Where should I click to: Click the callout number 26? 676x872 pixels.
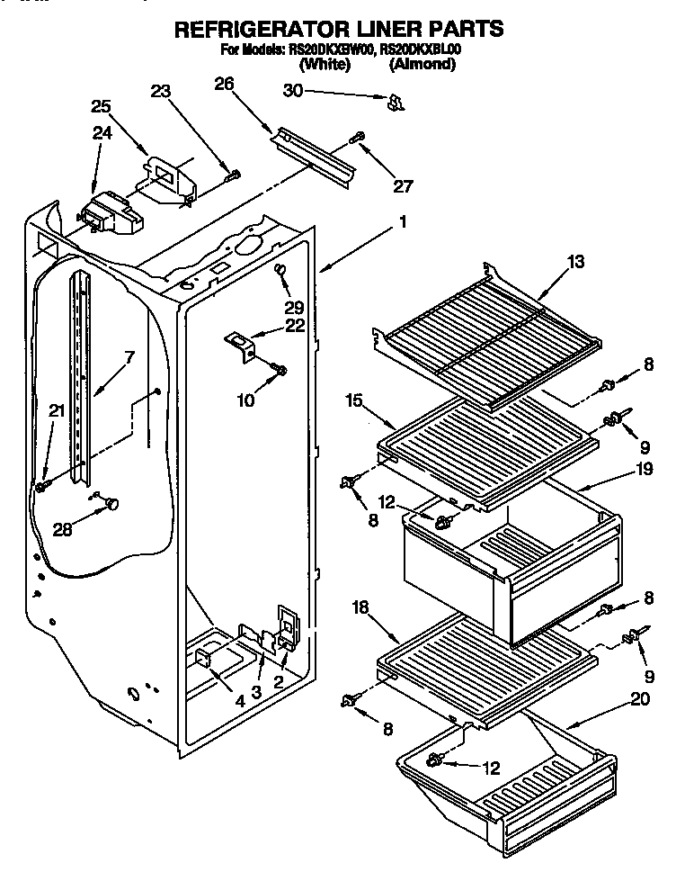tap(225, 85)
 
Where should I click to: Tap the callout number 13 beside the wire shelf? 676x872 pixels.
tap(574, 262)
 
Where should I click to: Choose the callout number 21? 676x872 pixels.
tap(57, 410)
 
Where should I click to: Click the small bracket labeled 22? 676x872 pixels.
tap(238, 342)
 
